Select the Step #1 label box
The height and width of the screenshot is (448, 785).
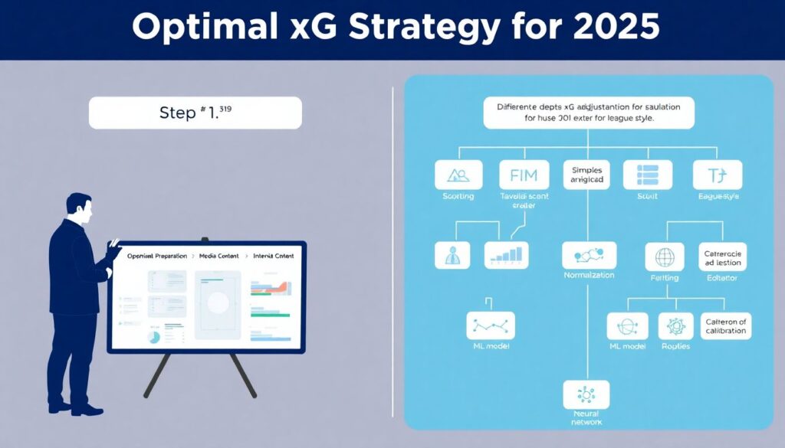tap(195, 113)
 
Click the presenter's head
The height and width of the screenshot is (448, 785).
tap(78, 207)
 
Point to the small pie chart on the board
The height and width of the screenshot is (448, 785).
tap(154, 336)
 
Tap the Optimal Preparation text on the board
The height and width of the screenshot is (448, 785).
tap(157, 256)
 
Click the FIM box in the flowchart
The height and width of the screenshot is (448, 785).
tap(523, 175)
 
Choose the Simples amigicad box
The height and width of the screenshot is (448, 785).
tap(586, 175)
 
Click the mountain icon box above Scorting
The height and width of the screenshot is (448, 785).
tap(458, 175)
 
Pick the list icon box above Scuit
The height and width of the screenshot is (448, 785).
tap(648, 175)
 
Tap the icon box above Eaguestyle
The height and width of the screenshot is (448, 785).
tap(717, 175)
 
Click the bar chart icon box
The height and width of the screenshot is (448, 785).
tap(507, 254)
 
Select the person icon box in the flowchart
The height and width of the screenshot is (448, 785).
tap(452, 254)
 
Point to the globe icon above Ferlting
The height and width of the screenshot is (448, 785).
tap(664, 257)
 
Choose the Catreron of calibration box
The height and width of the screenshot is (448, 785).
tap(726, 326)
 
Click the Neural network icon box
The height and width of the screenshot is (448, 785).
tap(586, 394)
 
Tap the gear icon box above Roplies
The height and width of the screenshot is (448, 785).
tap(675, 326)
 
